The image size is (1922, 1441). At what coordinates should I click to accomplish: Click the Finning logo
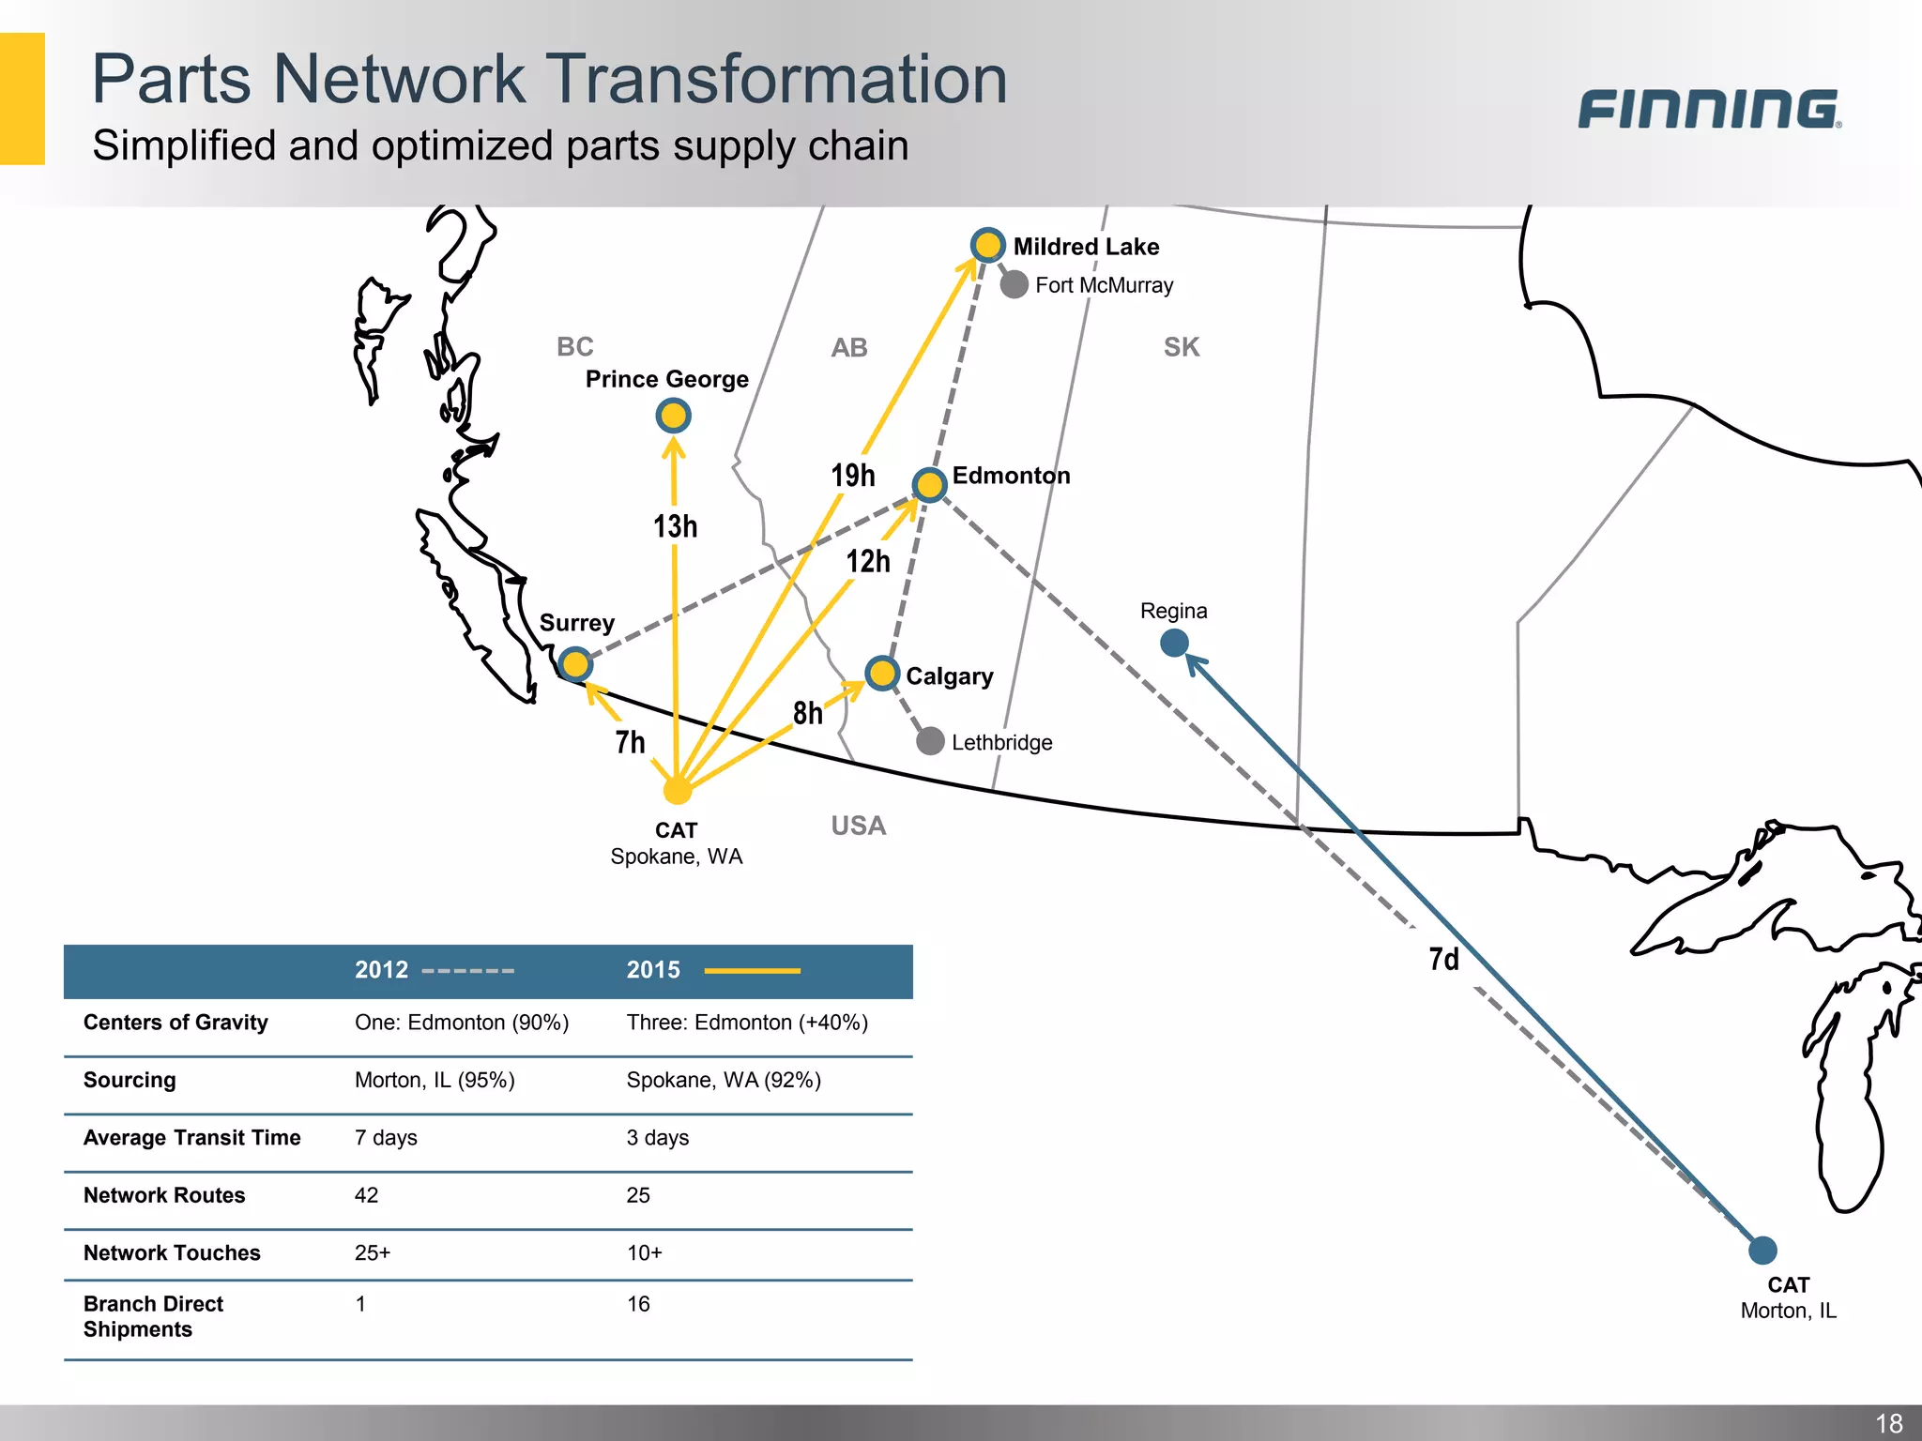(x=1708, y=109)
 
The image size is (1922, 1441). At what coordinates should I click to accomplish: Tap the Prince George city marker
(x=673, y=416)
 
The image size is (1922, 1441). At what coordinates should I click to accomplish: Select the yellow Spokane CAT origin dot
(x=677, y=791)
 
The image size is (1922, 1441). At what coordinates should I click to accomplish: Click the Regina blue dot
(x=1174, y=643)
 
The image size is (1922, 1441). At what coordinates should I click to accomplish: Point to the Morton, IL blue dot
(x=1762, y=1250)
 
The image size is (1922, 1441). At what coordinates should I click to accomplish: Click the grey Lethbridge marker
(x=930, y=741)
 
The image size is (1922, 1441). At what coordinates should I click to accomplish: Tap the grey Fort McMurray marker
(x=1014, y=284)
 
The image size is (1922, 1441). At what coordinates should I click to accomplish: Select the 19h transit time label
(x=852, y=476)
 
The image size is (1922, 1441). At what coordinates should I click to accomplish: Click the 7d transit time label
(x=1443, y=959)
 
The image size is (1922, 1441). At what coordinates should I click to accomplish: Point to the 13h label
(x=675, y=526)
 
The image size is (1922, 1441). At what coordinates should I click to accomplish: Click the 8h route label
(x=807, y=713)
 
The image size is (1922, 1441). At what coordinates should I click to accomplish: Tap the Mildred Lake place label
(x=1086, y=247)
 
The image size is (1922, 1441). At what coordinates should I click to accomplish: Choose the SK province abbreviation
(x=1181, y=347)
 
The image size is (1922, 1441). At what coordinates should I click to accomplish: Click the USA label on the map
(x=858, y=826)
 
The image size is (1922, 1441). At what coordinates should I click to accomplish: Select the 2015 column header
(x=653, y=970)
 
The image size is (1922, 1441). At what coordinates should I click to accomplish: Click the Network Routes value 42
(x=366, y=1195)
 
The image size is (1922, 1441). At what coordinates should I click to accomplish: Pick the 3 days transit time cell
(x=657, y=1138)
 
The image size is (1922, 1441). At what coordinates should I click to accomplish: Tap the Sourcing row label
(x=130, y=1080)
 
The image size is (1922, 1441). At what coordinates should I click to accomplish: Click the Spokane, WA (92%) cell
(x=723, y=1080)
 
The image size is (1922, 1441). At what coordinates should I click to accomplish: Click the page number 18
(x=1888, y=1422)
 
